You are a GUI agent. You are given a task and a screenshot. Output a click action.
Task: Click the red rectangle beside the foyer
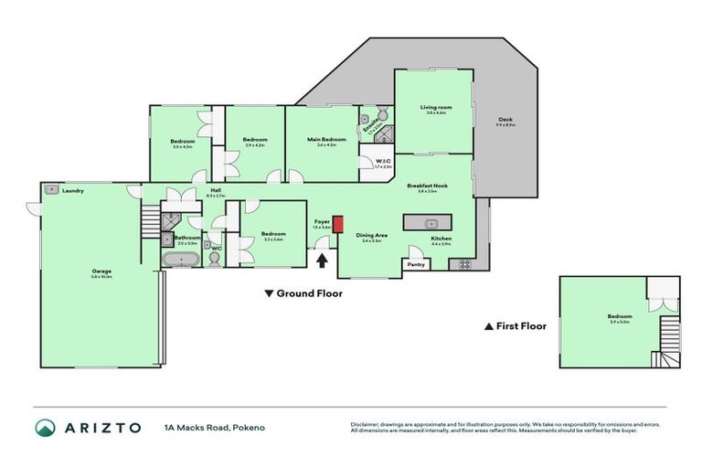coord(337,224)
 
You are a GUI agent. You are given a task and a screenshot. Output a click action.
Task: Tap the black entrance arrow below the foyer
coord(322,261)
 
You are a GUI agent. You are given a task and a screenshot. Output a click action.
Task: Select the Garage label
coord(101,271)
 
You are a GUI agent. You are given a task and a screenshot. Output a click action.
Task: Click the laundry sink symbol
coord(51,190)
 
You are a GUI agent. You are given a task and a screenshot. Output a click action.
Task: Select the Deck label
coord(505,120)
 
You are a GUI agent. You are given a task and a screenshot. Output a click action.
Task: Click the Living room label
coord(435,108)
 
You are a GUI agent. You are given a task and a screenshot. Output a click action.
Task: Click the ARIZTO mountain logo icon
coord(45,427)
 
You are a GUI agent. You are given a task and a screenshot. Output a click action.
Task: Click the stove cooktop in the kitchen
coord(463,264)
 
